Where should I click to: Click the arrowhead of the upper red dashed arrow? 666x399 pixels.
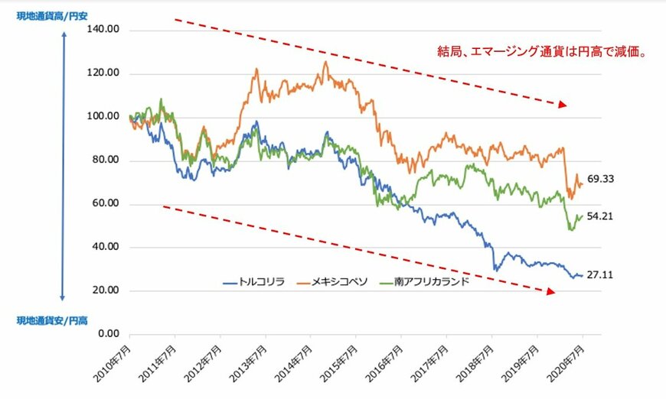click(x=563, y=104)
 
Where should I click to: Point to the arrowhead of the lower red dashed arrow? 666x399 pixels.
click(x=549, y=291)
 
